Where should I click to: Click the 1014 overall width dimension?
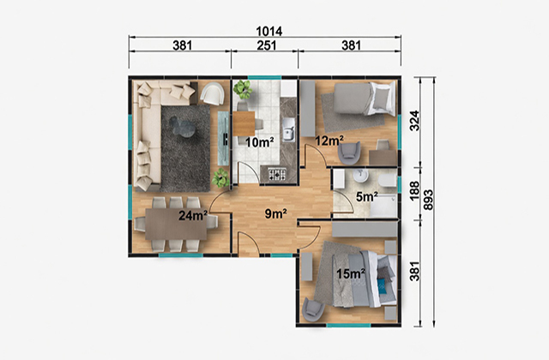pyautogui.click(x=268, y=32)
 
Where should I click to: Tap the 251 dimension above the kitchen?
pyautogui.click(x=267, y=45)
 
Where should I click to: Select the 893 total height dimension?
pyautogui.click(x=428, y=200)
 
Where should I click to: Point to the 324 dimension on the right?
pyautogui.click(x=414, y=121)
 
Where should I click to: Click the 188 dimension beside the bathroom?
pyautogui.click(x=414, y=190)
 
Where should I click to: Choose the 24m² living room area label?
pyautogui.click(x=193, y=215)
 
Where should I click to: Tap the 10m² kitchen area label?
pyautogui.click(x=259, y=142)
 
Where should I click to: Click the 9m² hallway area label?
pyautogui.click(x=276, y=213)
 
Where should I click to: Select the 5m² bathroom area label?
pyautogui.click(x=367, y=197)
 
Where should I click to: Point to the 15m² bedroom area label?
pyautogui.click(x=351, y=274)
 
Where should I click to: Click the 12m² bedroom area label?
pyautogui.click(x=329, y=141)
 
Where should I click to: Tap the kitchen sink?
pyautogui.click(x=288, y=129)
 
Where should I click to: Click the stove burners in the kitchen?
pyautogui.click(x=277, y=174)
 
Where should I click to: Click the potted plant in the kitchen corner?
pyautogui.click(x=243, y=89)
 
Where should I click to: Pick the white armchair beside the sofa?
pyautogui.click(x=213, y=93)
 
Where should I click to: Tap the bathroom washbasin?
pyautogui.click(x=360, y=176)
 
